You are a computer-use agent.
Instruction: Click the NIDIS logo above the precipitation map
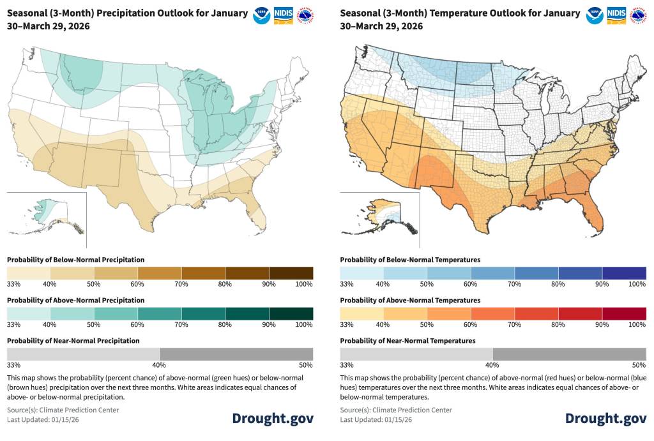(x=284, y=15)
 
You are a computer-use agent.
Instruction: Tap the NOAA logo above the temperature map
(x=595, y=15)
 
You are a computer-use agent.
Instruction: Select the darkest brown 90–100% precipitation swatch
(x=291, y=273)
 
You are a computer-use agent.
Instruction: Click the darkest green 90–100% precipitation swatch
(x=291, y=313)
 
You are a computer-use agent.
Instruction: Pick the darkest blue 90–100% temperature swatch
(x=624, y=273)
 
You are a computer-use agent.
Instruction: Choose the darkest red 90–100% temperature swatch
(x=624, y=313)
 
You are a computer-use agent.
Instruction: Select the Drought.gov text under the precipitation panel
(x=273, y=418)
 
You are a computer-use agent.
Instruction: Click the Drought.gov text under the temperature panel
(x=605, y=418)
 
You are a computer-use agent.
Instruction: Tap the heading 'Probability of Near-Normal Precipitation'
(x=73, y=341)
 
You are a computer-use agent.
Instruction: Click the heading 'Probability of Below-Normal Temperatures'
(x=410, y=260)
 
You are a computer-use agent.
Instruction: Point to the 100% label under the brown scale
(x=305, y=284)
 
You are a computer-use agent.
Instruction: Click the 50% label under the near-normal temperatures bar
(x=639, y=365)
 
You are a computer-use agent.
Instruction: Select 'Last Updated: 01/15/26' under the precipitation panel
(x=43, y=419)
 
